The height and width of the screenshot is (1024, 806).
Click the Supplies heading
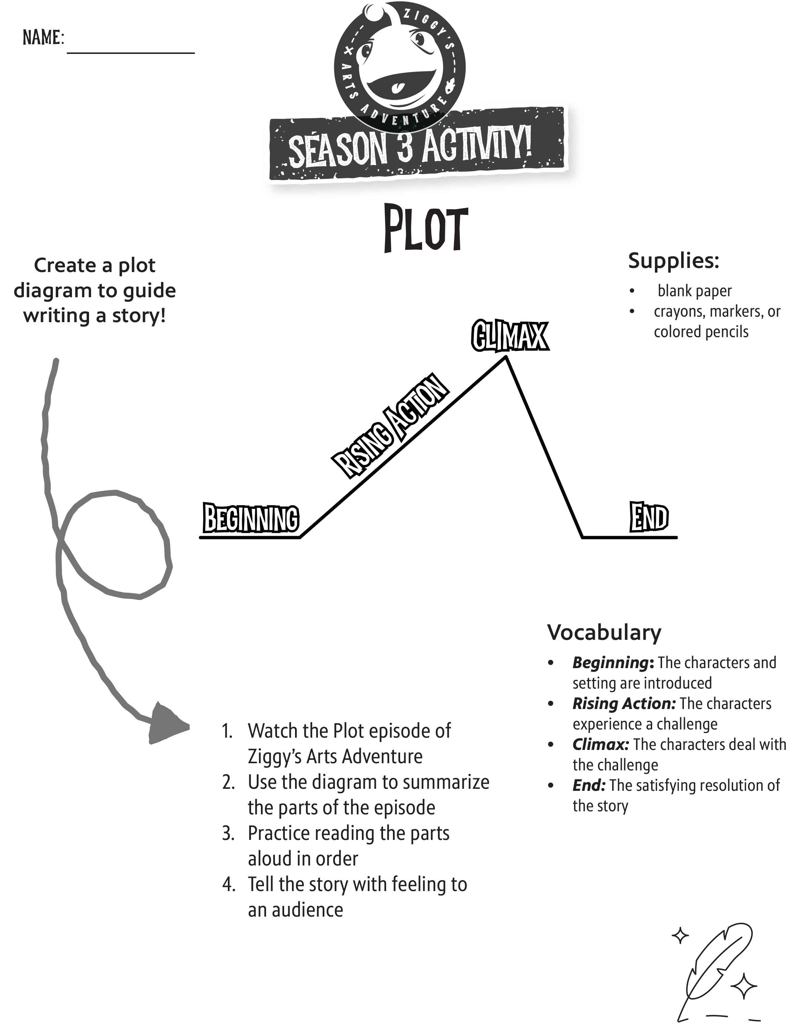pos(673,261)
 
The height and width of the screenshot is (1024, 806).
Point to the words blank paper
pos(694,291)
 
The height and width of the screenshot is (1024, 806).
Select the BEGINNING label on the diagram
pos(251,518)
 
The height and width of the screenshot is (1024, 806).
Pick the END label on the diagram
pos(649,517)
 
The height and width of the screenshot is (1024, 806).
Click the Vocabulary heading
pos(604,633)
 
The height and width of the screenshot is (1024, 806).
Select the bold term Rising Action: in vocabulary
pos(624,704)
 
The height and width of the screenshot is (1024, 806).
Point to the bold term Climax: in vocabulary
pos(600,744)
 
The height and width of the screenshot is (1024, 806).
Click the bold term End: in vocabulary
pos(588,785)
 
